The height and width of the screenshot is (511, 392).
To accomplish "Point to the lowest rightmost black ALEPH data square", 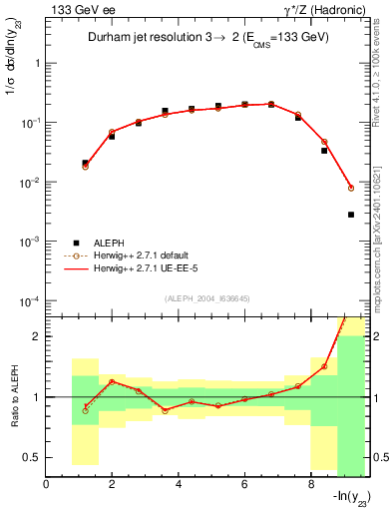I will pyautogui.click(x=350, y=215).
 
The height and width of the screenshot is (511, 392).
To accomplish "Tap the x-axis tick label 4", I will pyautogui.click(x=179, y=485).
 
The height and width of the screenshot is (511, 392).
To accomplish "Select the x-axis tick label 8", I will pyautogui.click(x=311, y=485).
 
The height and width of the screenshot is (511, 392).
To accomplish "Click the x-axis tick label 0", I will pyautogui.click(x=47, y=485).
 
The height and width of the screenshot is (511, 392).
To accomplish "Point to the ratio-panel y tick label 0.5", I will pyautogui.click(x=33, y=457).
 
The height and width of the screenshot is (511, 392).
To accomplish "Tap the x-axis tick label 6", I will pyautogui.click(x=244, y=485).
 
